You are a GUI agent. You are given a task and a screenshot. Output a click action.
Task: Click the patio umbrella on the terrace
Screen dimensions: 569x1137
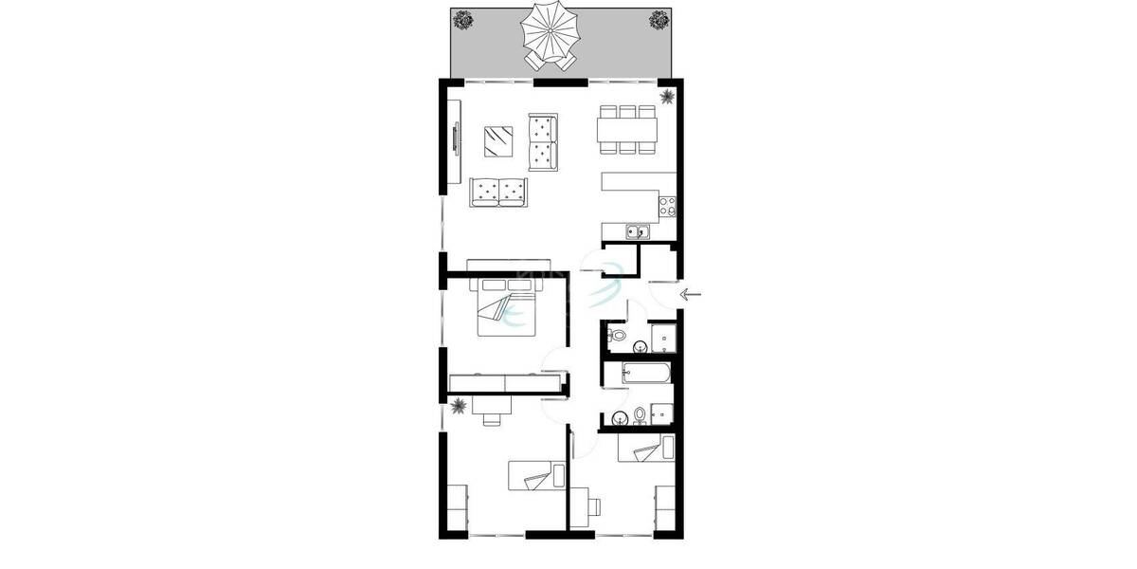550,31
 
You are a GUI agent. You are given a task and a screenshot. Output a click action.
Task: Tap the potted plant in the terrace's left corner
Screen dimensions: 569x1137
462,18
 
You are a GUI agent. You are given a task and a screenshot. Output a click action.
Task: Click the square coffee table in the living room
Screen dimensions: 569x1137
498,142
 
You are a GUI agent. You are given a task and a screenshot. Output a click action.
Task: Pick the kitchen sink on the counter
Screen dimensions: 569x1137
636,230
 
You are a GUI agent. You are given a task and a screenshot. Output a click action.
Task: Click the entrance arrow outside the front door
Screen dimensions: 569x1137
691,294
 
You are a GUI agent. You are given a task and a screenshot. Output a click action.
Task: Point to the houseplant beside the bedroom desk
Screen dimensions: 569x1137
459,408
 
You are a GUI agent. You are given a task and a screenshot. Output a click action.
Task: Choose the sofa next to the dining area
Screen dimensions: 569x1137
543,141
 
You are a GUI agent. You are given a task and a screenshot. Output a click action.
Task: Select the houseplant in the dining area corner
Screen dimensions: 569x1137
667,96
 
